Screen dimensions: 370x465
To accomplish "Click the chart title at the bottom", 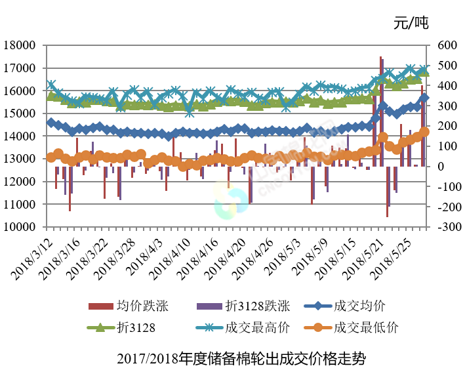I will [241, 359].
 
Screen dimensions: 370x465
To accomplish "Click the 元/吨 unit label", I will [411, 24].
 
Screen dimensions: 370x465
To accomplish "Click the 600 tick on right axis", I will [443, 45].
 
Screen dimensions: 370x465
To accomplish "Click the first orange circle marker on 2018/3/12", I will [51, 157].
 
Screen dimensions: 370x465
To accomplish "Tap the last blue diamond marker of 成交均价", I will [424, 98].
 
